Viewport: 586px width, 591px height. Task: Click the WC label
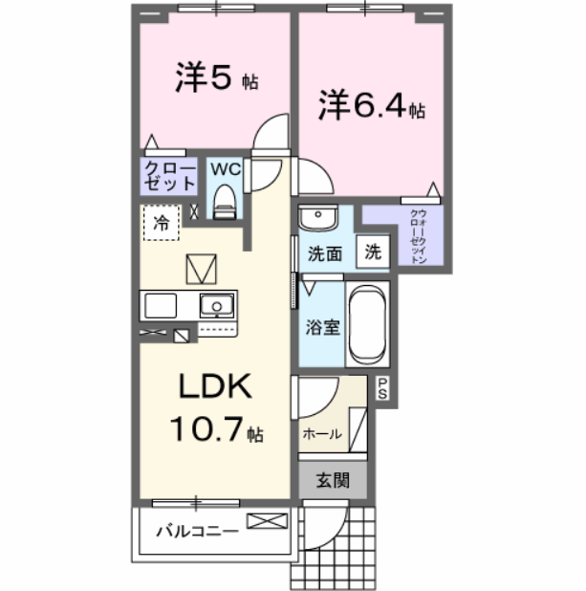(x=225, y=169)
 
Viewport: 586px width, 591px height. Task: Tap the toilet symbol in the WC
(x=225, y=199)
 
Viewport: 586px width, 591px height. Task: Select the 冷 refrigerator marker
(x=161, y=224)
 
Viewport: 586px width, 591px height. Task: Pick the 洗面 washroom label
(x=324, y=254)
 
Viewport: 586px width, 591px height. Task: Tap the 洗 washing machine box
(x=374, y=253)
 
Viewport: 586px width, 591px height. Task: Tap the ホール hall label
(x=321, y=434)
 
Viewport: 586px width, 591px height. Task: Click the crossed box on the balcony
(x=266, y=522)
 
